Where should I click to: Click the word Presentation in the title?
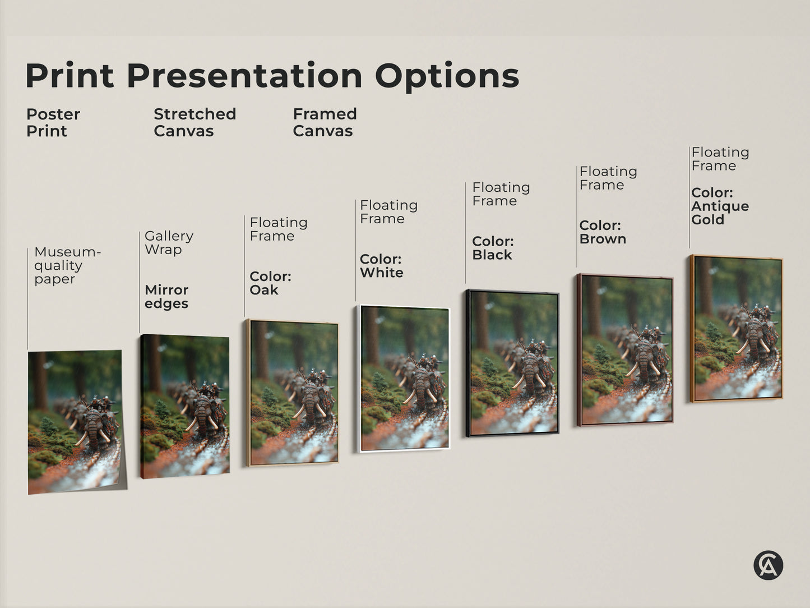[244, 76]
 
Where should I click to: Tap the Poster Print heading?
[53, 122]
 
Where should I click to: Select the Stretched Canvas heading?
[195, 122]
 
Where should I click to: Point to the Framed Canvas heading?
[325, 122]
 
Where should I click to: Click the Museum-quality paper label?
[67, 265]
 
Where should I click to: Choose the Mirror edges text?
[166, 297]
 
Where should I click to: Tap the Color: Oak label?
[270, 283]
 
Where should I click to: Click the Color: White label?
[381, 266]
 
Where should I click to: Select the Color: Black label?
[493, 248]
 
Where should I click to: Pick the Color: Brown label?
[603, 232]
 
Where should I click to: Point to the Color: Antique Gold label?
[720, 206]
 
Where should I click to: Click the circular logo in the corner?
[768, 565]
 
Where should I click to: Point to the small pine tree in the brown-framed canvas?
[601, 353]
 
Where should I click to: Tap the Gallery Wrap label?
[169, 242]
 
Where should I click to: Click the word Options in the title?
[447, 76]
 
